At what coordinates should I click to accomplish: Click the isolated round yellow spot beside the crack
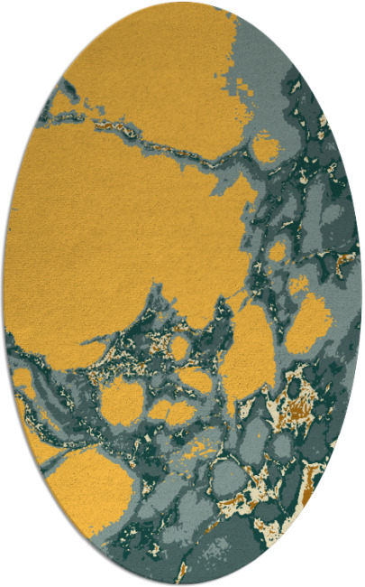coord(265,146)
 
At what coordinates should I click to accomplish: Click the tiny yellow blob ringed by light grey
coord(278,251)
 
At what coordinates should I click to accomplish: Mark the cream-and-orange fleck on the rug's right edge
coord(344,263)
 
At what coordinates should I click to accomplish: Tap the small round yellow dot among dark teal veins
coord(180,347)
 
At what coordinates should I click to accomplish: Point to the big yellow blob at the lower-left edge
coord(86,488)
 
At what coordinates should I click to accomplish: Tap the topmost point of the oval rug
coord(182,3)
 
